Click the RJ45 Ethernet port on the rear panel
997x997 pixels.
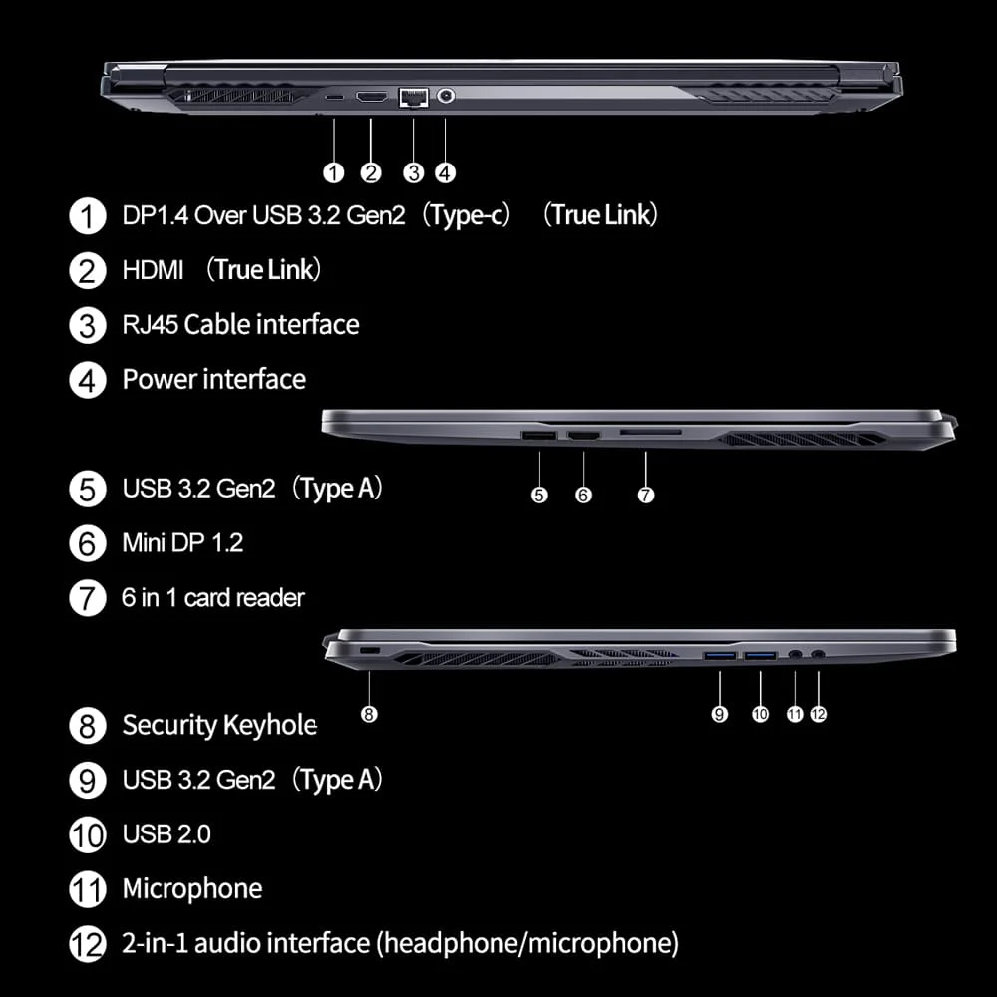[x=412, y=97]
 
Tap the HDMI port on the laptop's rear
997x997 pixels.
[x=371, y=97]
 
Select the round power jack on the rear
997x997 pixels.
[x=445, y=97]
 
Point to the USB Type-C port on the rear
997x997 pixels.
[x=334, y=97]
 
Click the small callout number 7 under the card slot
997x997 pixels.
[x=646, y=495]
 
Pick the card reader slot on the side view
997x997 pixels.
[x=650, y=434]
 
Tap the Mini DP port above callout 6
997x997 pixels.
[x=583, y=436]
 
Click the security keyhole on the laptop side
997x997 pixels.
[x=368, y=650]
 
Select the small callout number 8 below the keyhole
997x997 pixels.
[x=369, y=714]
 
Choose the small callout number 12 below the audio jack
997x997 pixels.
[x=819, y=714]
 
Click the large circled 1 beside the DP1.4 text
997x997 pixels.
[x=88, y=216]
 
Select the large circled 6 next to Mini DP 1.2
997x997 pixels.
[x=88, y=544]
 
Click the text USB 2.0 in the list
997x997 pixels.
[x=166, y=833]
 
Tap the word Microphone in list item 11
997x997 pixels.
[x=192, y=888]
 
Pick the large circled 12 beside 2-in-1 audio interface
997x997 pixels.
[x=88, y=944]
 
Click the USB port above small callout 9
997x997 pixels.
[x=719, y=655]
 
